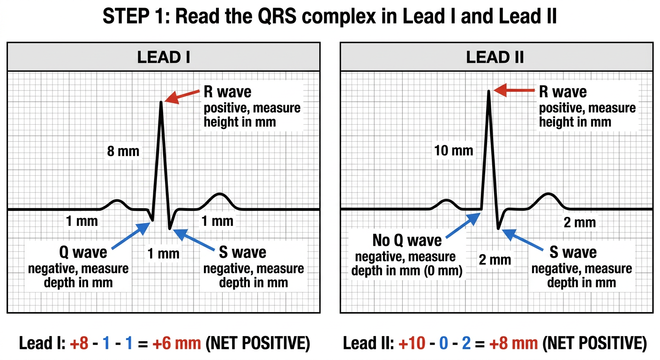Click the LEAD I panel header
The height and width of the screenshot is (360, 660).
[x=164, y=57]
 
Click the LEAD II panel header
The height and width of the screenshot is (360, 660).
[x=496, y=57]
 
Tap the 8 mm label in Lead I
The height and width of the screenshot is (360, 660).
[x=123, y=151]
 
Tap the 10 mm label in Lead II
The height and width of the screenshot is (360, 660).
[x=454, y=150]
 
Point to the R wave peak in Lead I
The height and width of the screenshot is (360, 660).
[x=161, y=102]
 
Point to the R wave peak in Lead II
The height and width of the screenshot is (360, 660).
[x=489, y=91]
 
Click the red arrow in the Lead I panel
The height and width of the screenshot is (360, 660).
[x=182, y=97]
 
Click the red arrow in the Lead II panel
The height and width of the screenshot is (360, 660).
[x=514, y=90]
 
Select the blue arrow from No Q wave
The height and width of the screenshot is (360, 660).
[x=463, y=225]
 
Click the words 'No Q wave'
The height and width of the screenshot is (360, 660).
[x=407, y=240]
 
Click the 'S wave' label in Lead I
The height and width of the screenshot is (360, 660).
[x=242, y=253]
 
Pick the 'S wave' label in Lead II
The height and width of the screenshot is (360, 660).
[x=573, y=253]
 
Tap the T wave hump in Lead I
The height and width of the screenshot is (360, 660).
[x=219, y=195]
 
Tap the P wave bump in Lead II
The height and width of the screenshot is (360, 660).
[x=446, y=201]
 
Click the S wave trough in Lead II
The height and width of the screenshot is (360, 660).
[x=498, y=228]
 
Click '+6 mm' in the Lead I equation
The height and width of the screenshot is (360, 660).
[x=177, y=343]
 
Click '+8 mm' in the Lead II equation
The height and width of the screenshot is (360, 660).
[x=514, y=343]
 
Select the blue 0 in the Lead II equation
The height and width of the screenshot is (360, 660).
[x=443, y=344]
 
